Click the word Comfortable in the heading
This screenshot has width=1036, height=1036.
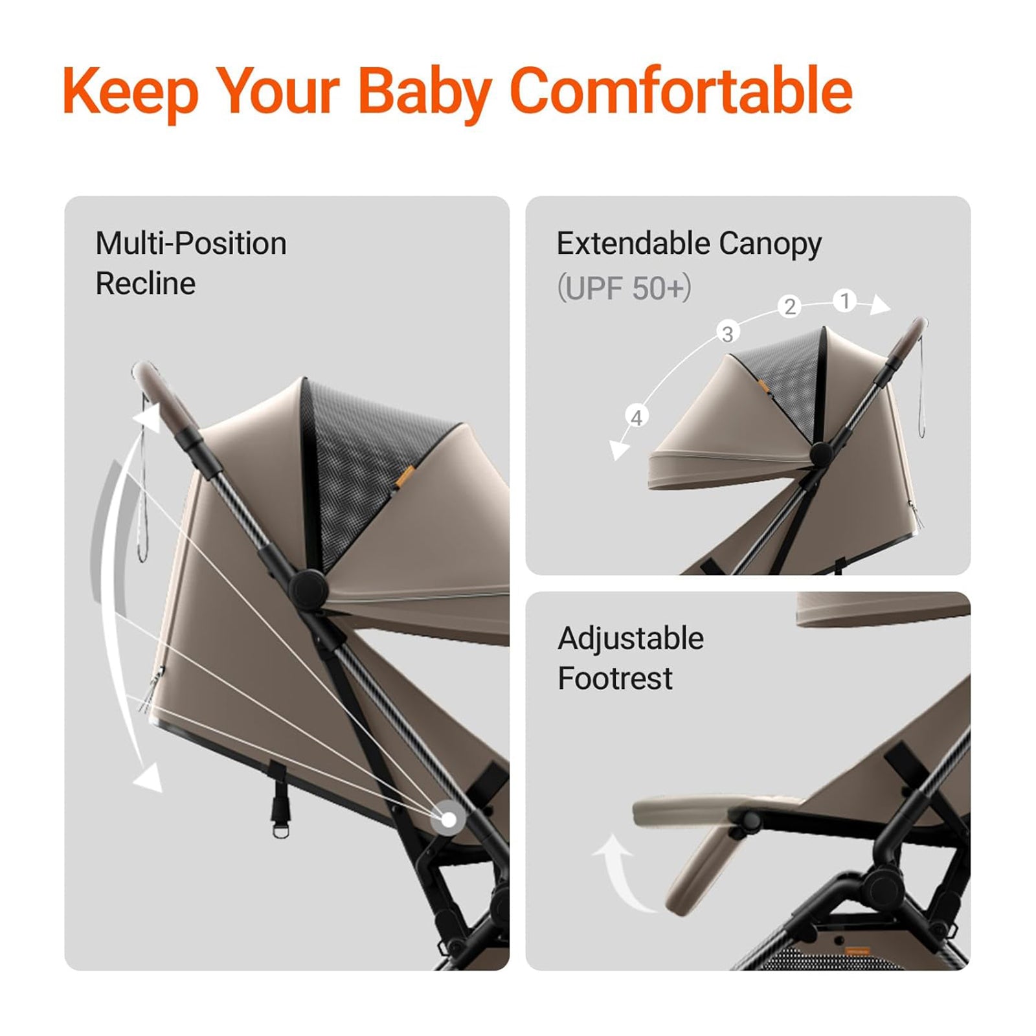tap(681, 91)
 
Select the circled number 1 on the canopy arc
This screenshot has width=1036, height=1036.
tap(844, 301)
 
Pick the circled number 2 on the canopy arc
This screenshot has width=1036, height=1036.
tap(789, 306)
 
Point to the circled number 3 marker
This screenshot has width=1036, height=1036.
tap(728, 333)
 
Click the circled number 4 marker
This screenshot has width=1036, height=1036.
tap(636, 418)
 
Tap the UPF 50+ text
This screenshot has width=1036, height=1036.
tap(624, 287)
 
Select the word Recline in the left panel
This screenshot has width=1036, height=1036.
tap(146, 284)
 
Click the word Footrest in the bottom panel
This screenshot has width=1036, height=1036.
tap(615, 679)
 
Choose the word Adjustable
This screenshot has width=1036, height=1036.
tap(631, 638)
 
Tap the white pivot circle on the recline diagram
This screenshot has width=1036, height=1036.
tap(448, 820)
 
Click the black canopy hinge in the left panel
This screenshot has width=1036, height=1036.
tap(306, 587)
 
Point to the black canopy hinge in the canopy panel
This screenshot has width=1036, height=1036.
tap(821, 455)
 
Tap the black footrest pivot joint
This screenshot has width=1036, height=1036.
tap(751, 821)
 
